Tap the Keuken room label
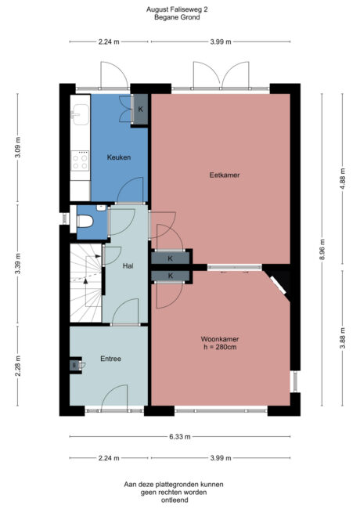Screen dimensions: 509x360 119,157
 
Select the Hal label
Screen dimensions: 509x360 128,265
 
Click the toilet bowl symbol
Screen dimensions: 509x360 85,222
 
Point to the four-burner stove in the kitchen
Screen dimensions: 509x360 80,160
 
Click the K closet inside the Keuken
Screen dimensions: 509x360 141,109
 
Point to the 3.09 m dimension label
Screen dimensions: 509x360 18,147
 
